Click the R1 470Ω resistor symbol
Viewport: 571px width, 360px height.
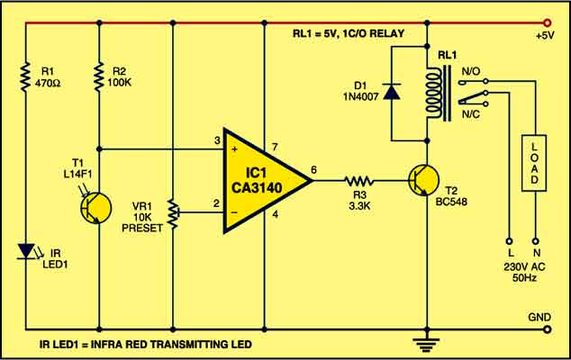pos(28,77)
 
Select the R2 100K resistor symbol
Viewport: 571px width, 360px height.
pos(99,77)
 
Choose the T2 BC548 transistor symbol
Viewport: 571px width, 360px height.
pos(421,181)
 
